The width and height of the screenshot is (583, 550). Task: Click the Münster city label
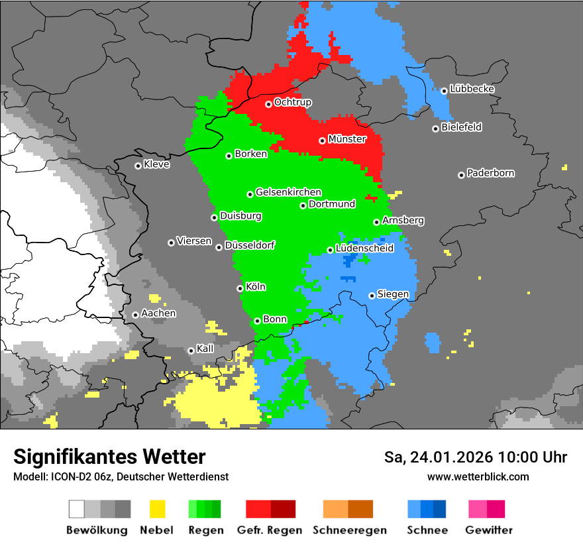(x=347, y=139)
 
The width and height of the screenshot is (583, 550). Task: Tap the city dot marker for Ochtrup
(x=268, y=104)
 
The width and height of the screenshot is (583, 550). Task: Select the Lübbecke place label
(x=472, y=89)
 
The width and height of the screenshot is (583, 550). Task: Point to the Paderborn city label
(x=490, y=174)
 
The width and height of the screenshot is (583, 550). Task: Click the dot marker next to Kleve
(x=138, y=166)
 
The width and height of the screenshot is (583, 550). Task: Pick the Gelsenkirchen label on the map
(x=288, y=193)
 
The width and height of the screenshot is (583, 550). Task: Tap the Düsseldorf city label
(x=249, y=246)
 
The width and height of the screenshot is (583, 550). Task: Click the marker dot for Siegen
(x=372, y=296)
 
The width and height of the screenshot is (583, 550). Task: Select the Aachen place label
(x=158, y=313)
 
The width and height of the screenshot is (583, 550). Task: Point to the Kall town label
(x=205, y=349)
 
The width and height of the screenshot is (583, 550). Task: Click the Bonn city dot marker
(x=257, y=321)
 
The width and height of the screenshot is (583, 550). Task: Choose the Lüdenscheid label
(x=364, y=248)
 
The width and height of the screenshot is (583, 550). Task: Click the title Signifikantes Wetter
(x=109, y=457)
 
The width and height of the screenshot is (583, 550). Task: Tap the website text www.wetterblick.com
(x=478, y=476)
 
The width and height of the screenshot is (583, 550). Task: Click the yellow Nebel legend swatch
(x=157, y=509)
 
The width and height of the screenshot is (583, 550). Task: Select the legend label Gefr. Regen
(x=270, y=530)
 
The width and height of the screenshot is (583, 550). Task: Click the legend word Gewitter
(x=488, y=530)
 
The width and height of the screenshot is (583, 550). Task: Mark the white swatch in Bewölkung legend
(x=77, y=509)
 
